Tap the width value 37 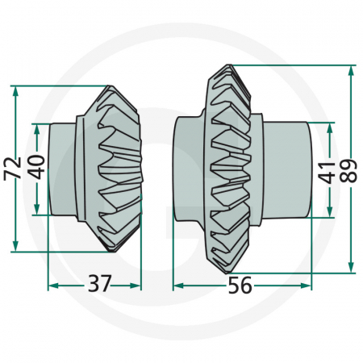(98, 284)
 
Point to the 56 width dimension (240, 285)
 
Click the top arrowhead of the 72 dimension (16, 87)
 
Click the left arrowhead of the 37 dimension (52, 285)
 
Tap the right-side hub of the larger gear (286, 169)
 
